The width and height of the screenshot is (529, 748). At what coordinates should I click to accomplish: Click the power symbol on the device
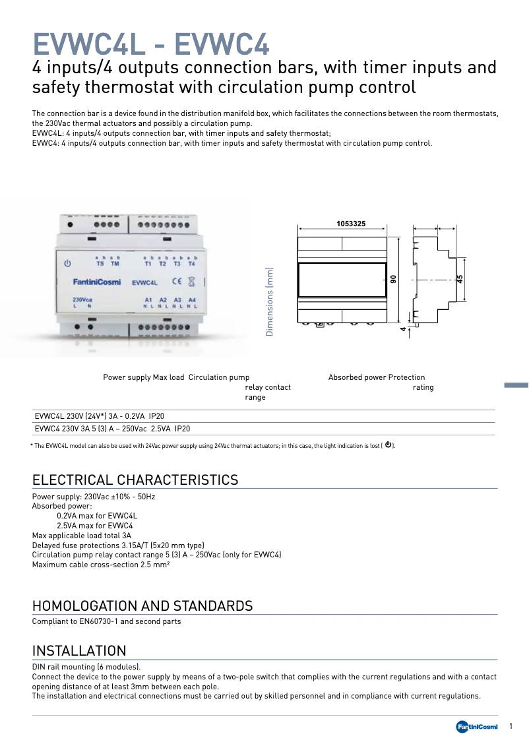[x=67, y=264]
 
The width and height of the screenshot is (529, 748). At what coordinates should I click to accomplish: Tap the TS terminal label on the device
[x=100, y=264]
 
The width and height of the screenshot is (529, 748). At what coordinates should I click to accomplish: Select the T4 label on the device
[x=192, y=264]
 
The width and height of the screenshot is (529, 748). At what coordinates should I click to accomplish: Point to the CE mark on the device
[x=177, y=282]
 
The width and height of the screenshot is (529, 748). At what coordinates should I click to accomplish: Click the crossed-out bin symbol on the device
[x=191, y=282]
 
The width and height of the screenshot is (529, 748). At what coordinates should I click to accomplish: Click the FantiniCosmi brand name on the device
[x=96, y=282]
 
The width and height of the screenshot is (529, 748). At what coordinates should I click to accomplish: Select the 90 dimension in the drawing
[x=392, y=280]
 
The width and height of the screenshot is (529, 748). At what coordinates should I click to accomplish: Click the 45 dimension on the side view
[x=460, y=280]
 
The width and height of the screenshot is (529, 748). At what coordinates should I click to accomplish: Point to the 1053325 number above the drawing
[x=351, y=224]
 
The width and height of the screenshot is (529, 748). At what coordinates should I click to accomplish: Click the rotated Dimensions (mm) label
[x=269, y=301]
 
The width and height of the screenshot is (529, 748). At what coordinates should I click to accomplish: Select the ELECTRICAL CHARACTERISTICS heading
[x=135, y=480]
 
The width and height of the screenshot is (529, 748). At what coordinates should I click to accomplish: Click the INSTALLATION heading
[x=79, y=651]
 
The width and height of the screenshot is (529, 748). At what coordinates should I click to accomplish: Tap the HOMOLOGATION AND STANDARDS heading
[x=142, y=606]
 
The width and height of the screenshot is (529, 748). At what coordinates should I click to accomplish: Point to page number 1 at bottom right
[x=511, y=726]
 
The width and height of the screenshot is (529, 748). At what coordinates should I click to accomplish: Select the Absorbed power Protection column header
[x=377, y=377]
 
